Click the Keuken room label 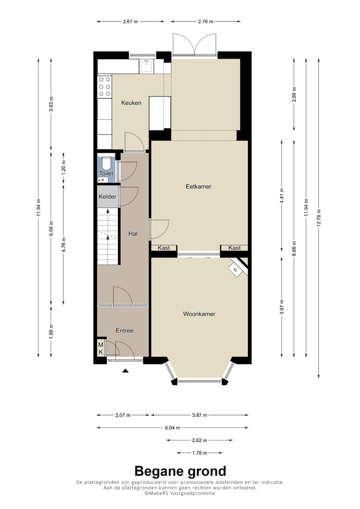click(131, 103)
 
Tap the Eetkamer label click(198, 186)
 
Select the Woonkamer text click(199, 314)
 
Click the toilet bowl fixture click(106, 163)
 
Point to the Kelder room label click(107, 196)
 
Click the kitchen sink click(147, 66)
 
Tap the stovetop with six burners click(104, 86)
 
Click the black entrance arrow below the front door click(125, 370)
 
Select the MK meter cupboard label click(101, 348)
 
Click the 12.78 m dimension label click(318, 218)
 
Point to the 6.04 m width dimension click(172, 428)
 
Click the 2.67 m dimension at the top click(130, 21)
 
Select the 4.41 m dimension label click(282, 195)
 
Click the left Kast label click(163, 248)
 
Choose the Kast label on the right click(234, 248)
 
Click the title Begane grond click(180, 471)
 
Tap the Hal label click(133, 233)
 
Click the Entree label click(124, 330)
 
